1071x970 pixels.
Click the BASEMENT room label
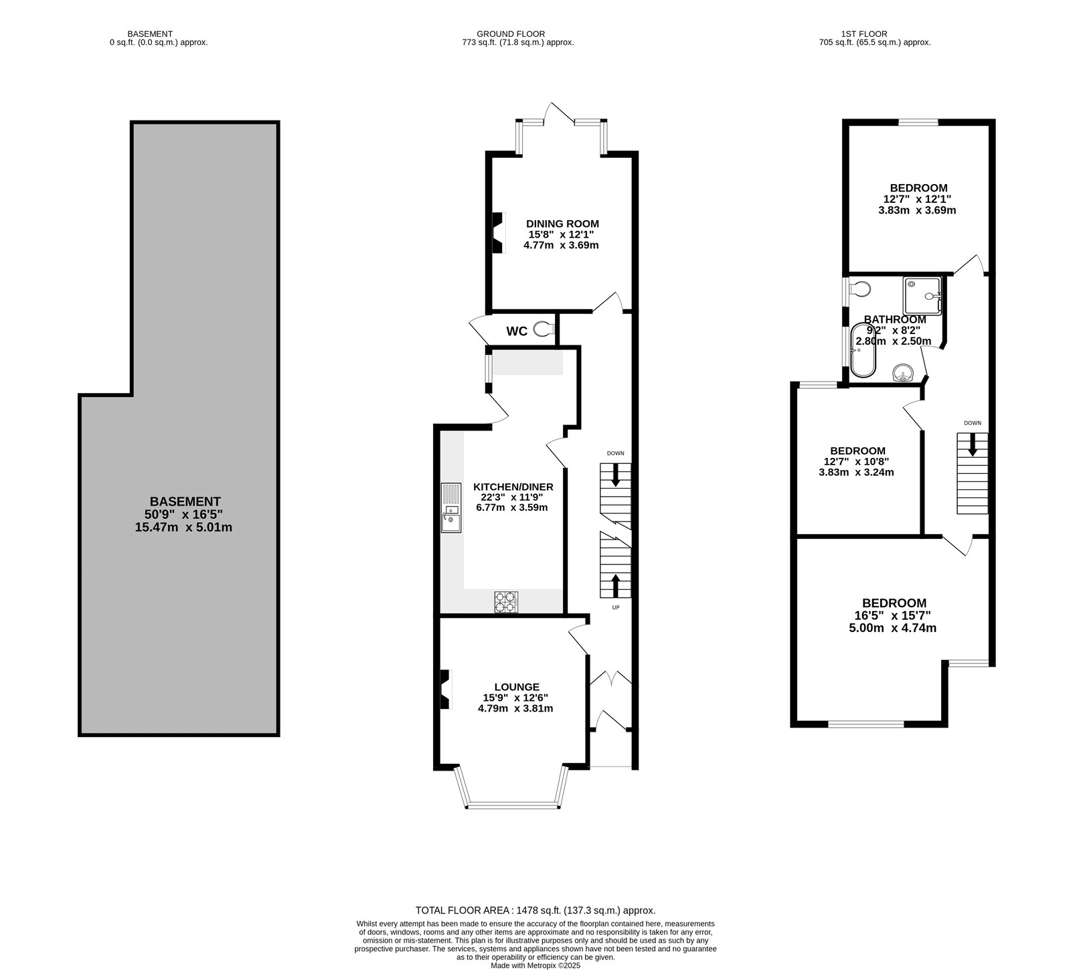[185, 501]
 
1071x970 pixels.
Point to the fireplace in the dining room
[497, 232]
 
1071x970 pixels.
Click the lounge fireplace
[444, 690]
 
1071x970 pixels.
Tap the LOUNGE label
[517, 687]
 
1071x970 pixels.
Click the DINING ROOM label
[562, 224]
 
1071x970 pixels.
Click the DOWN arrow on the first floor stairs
[972, 446]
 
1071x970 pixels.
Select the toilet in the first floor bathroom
[859, 289]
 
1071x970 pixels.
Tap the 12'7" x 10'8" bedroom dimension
[856, 461]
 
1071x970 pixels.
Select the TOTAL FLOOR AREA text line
[535, 910]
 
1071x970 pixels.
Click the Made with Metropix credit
[535, 965]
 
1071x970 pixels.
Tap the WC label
[516, 331]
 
